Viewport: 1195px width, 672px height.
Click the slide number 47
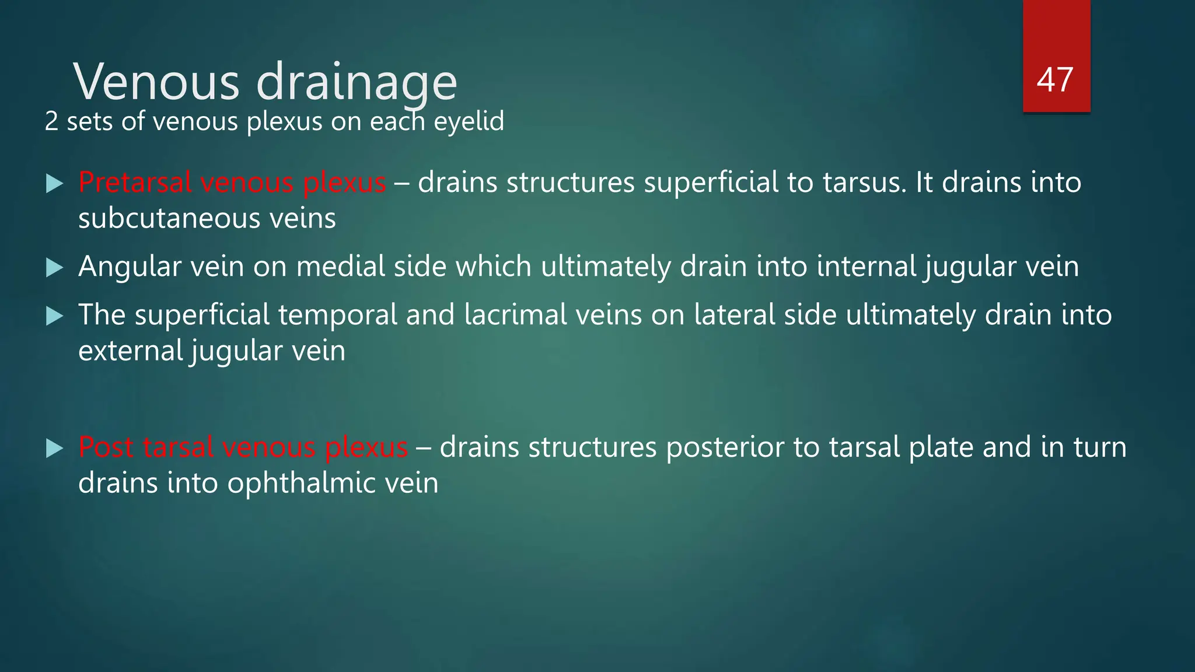coord(1055,80)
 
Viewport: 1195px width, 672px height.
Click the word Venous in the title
coord(156,82)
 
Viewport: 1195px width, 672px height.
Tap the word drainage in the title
coord(357,82)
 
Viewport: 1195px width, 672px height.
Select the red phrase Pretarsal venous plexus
coord(232,183)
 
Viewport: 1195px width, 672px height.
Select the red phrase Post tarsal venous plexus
coord(243,447)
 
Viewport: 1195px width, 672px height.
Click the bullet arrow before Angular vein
coord(54,268)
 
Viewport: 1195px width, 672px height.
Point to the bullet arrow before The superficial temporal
coord(54,316)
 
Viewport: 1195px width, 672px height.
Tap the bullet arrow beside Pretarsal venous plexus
coord(54,184)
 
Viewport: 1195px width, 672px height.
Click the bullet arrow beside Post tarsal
coord(54,449)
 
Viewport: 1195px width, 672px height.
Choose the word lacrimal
coord(515,315)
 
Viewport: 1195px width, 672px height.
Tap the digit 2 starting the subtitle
coord(51,122)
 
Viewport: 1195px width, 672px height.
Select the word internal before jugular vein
coord(866,267)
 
